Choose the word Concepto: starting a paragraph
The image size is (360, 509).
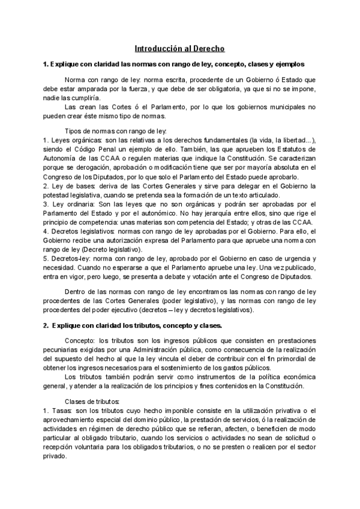pos(79,341)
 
